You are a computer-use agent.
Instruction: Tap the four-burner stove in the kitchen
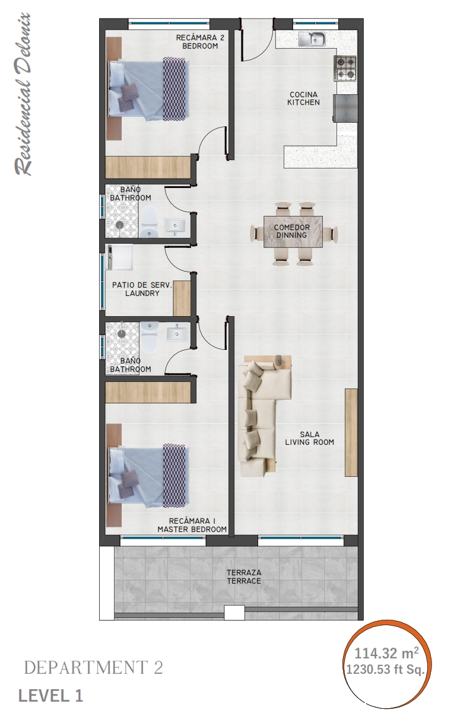point(345,68)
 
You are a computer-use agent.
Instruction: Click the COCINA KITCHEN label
point(303,98)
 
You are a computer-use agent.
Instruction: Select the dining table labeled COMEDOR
point(293,231)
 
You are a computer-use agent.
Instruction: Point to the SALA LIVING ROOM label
point(309,438)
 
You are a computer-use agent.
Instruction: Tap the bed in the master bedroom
point(147,474)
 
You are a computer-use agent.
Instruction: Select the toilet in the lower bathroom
point(150,335)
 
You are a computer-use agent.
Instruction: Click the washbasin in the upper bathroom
point(175,225)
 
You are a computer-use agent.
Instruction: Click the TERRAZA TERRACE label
point(243,577)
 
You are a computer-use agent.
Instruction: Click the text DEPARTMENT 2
point(93,668)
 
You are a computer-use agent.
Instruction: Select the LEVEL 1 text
point(50,696)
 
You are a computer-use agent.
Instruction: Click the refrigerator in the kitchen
point(346,109)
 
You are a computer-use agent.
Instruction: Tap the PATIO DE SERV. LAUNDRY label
point(142,289)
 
